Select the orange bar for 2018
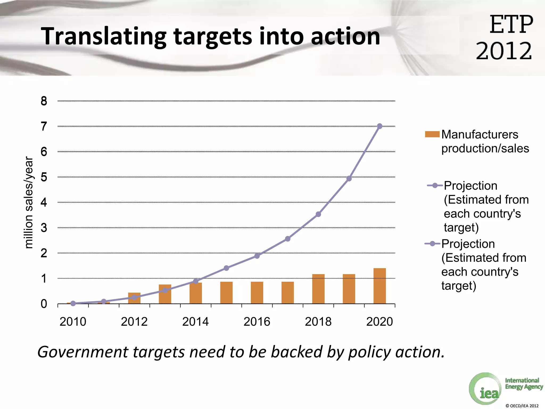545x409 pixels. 318,289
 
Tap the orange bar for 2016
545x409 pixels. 257,293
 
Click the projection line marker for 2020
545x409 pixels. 380,126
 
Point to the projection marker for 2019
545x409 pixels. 349,178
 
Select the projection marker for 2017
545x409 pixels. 288,239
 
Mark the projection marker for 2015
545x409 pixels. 226,268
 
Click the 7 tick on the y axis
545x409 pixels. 44,126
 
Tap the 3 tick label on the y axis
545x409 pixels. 44,228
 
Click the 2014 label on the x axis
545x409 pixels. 196,322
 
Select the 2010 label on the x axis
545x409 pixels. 73,322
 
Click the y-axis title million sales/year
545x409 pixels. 28,202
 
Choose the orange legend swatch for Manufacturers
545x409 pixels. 432,134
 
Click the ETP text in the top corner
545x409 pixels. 511,25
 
